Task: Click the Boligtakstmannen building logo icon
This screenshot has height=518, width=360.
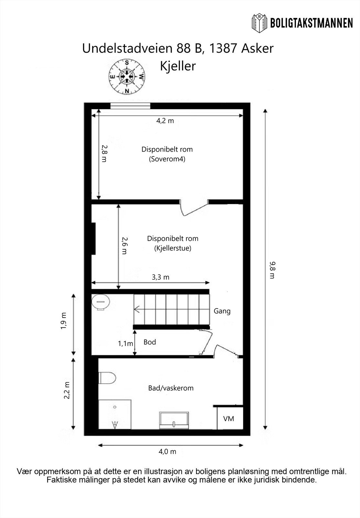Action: click(x=259, y=23)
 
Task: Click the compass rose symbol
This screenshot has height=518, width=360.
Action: click(x=127, y=77)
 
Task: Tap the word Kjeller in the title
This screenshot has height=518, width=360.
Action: click(x=178, y=66)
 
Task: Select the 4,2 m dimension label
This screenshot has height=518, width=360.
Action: click(x=165, y=121)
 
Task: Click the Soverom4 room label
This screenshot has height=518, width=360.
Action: click(x=167, y=159)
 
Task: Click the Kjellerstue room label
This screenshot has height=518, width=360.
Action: click(x=172, y=248)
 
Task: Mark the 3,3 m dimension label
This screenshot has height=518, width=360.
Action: click(x=160, y=277)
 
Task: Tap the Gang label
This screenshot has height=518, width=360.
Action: click(x=222, y=311)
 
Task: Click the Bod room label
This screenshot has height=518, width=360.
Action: click(x=150, y=342)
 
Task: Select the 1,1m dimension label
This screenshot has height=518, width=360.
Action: click(x=125, y=343)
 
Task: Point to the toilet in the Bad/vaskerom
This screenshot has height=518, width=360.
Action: click(x=107, y=377)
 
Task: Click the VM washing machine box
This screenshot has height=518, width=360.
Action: click(x=229, y=418)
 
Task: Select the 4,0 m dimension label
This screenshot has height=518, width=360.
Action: click(x=167, y=452)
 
